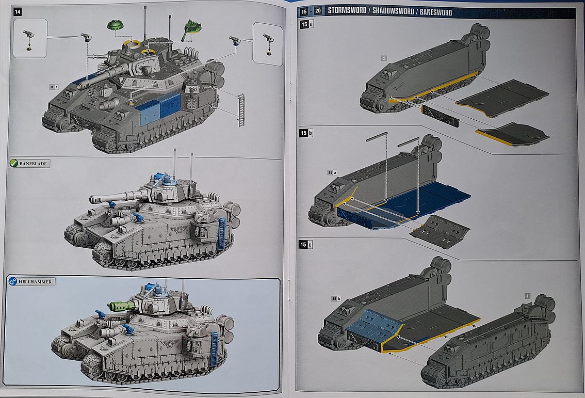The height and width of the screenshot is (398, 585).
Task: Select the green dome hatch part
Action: [x=117, y=25]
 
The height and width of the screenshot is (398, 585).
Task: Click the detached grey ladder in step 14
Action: [x=241, y=110]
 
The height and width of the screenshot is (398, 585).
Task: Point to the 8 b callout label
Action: [x=53, y=87]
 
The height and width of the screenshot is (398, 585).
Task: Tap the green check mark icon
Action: [x=14, y=164]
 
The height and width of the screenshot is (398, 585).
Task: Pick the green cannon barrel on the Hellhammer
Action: [x=122, y=306]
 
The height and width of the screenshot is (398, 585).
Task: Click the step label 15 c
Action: [x=306, y=244]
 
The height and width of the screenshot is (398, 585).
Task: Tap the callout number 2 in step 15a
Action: [x=384, y=58]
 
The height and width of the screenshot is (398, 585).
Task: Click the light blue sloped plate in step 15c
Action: [x=375, y=325]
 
